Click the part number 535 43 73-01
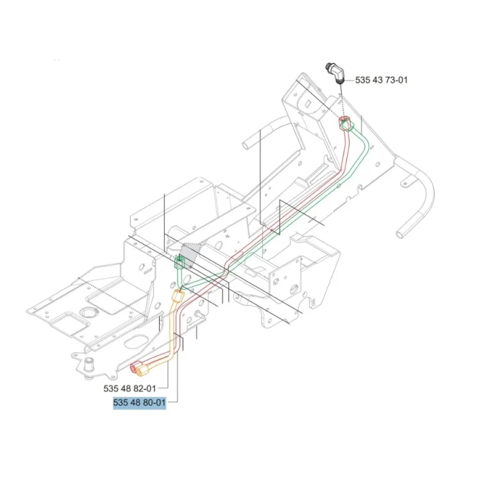pos(381,80)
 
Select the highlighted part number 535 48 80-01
pos(139,403)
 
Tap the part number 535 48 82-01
pos(130,388)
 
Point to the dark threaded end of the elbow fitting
pos(328,66)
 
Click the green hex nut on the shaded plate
pos(179,262)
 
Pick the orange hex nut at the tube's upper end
pos(178,295)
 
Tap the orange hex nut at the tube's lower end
pos(142,370)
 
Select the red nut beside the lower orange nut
pos(134,367)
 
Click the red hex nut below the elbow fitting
pos(344,123)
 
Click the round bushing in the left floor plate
pos(89,312)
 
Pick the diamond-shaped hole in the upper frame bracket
pos(309,103)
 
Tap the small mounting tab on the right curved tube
pos(405,184)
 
